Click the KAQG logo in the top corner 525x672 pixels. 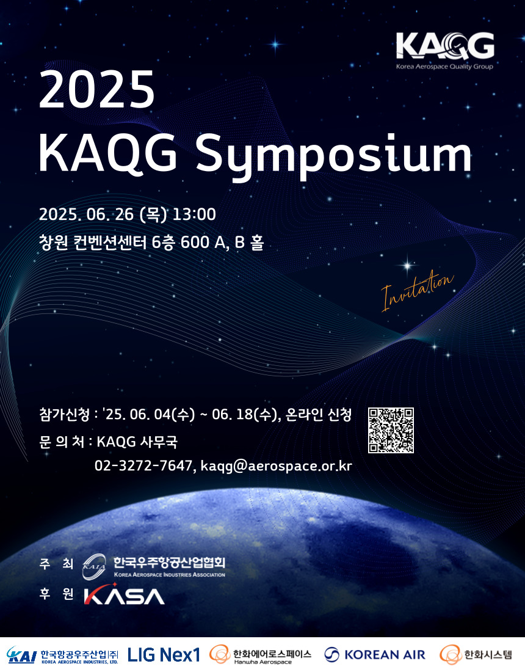[445, 51]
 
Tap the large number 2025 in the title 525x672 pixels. [97, 90]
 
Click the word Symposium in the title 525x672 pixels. [333, 155]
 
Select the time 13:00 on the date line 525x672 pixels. [194, 214]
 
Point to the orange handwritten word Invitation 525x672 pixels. [417, 290]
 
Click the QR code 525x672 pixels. [391, 430]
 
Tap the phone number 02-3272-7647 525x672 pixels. [143, 466]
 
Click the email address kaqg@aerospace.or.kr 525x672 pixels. [276, 466]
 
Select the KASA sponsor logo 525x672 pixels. [124, 595]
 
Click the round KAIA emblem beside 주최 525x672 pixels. [94, 566]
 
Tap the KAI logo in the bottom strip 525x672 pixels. [21, 655]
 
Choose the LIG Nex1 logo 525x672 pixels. [164, 655]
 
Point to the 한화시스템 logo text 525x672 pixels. [488, 654]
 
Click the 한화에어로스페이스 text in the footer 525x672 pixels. [272, 654]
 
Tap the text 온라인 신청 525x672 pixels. [319, 414]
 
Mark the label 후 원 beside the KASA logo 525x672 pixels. [56, 594]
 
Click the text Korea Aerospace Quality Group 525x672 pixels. [444, 67]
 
